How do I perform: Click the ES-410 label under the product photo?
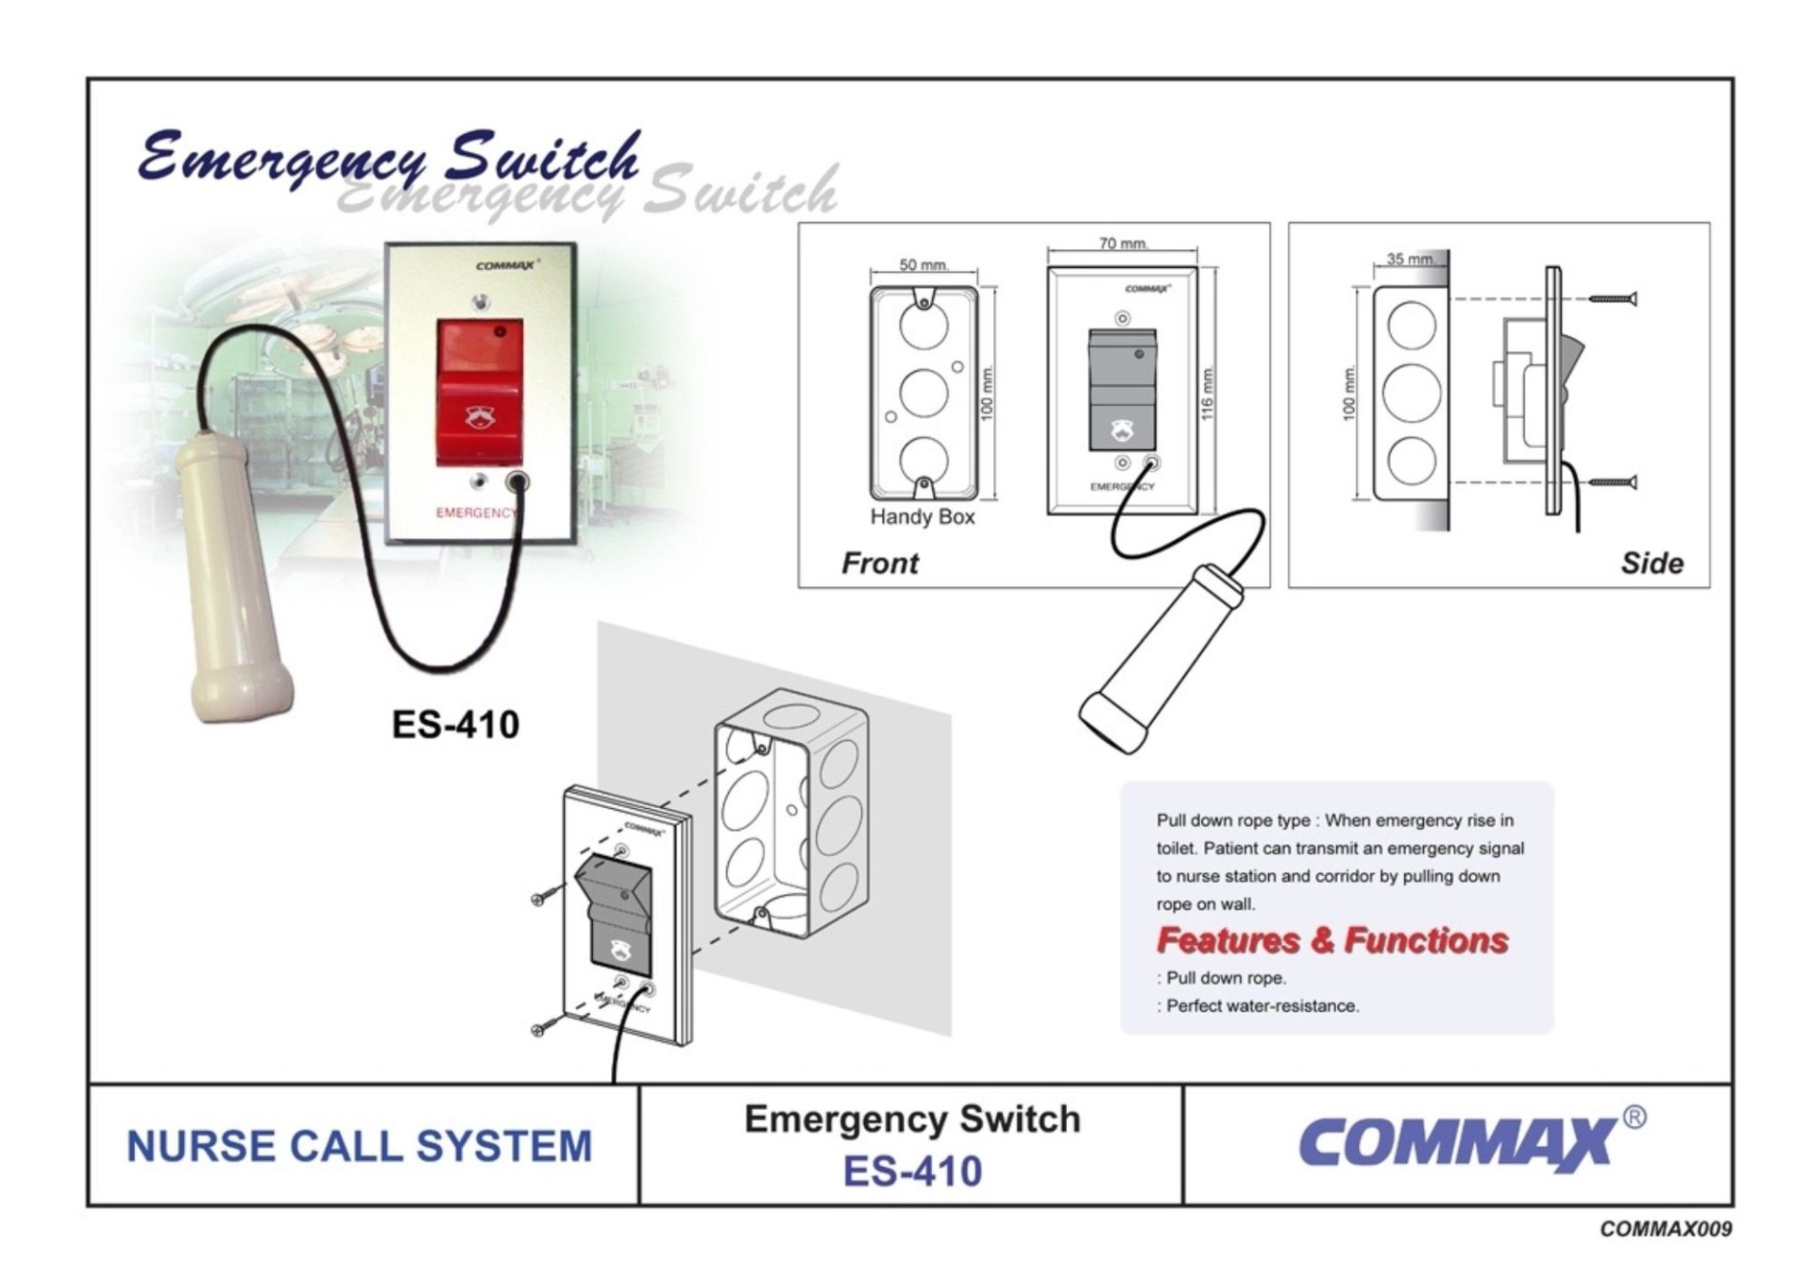click(x=455, y=725)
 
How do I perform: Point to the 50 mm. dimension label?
click(x=923, y=265)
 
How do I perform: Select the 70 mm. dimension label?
click(x=1123, y=244)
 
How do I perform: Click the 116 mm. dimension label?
click(x=1210, y=391)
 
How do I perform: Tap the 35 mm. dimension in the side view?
click(x=1410, y=259)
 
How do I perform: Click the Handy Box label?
click(x=922, y=517)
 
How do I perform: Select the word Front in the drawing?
click(x=879, y=564)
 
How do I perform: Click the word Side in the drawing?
click(x=1652, y=564)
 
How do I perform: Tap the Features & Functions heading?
click(x=1331, y=940)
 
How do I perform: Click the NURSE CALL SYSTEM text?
click(x=360, y=1146)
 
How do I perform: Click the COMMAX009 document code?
click(x=1666, y=1229)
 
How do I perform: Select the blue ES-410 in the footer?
click(x=912, y=1171)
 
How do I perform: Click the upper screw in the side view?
click(x=1612, y=299)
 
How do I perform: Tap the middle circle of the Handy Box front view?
click(x=923, y=391)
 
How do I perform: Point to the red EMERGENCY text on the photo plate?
click(x=476, y=513)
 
